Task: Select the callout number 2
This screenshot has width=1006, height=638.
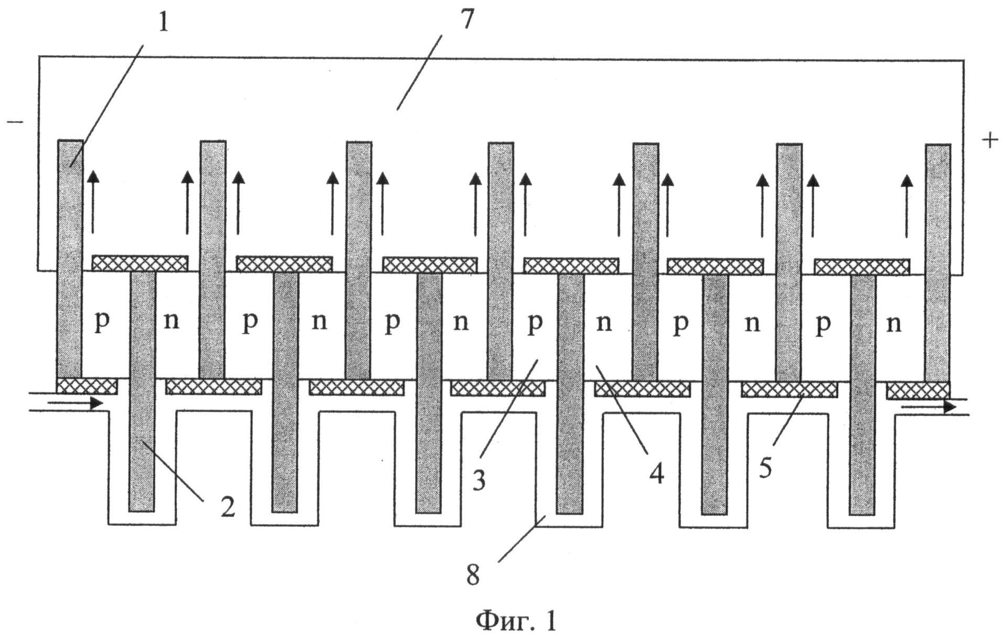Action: click(x=227, y=506)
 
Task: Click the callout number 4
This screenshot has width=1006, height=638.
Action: click(x=656, y=474)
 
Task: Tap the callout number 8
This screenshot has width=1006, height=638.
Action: click(x=473, y=576)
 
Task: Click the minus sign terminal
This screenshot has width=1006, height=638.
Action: click(x=15, y=122)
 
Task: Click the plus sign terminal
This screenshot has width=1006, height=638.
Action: click(x=989, y=140)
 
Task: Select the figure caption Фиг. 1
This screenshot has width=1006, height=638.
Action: click(x=516, y=621)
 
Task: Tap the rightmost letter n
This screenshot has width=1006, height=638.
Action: click(x=893, y=324)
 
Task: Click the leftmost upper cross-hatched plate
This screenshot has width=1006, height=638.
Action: click(x=140, y=263)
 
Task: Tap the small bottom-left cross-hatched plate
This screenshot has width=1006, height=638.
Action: click(x=87, y=386)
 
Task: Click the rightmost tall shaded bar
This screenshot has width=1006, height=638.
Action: click(x=938, y=263)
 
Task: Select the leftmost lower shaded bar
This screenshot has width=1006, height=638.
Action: click(x=142, y=391)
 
